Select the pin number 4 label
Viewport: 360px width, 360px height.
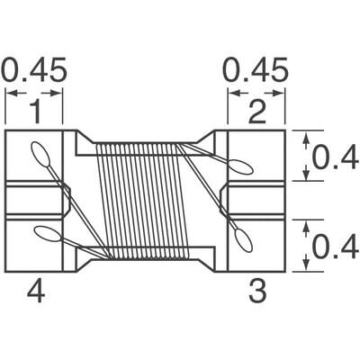tap(34, 291)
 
